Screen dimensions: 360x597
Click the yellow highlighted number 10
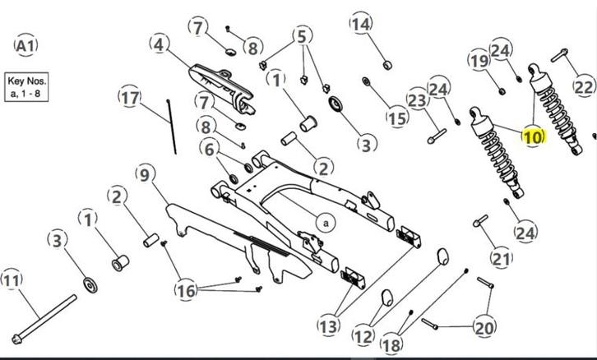click(x=533, y=136)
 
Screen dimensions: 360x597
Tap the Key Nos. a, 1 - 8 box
click(x=27, y=85)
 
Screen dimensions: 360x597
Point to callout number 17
click(x=130, y=99)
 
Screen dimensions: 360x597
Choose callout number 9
click(x=144, y=174)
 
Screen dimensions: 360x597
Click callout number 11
click(x=11, y=280)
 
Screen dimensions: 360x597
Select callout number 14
click(x=361, y=24)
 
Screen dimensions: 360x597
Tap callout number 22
click(x=582, y=86)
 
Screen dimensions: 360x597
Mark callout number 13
click(x=328, y=326)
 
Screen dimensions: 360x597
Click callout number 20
click(x=484, y=328)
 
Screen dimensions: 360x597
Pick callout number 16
click(x=187, y=289)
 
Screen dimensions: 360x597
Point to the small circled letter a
click(x=324, y=222)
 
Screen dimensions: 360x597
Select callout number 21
click(x=501, y=258)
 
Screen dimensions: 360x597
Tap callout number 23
click(x=418, y=101)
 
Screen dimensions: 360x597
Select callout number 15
click(x=397, y=118)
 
